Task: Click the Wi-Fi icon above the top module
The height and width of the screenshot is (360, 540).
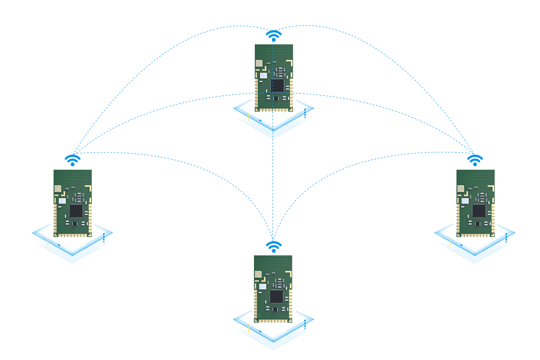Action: coord(273,35)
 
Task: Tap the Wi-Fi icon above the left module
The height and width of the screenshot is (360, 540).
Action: coord(73,160)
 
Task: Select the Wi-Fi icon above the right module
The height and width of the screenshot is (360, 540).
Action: coord(475,160)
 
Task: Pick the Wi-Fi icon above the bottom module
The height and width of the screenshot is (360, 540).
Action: coord(273,247)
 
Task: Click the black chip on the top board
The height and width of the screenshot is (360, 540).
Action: coord(278,85)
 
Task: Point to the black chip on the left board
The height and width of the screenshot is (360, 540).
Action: coord(76,211)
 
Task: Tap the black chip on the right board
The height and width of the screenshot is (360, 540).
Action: coord(479,211)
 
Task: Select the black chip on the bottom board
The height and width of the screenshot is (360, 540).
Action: coord(277,296)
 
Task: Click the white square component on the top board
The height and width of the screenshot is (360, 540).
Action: coord(264,75)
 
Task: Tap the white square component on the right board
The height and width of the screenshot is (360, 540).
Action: coord(465,201)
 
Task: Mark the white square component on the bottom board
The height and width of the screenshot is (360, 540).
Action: coord(262,287)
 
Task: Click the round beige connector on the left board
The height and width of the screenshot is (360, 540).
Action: coord(58,188)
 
